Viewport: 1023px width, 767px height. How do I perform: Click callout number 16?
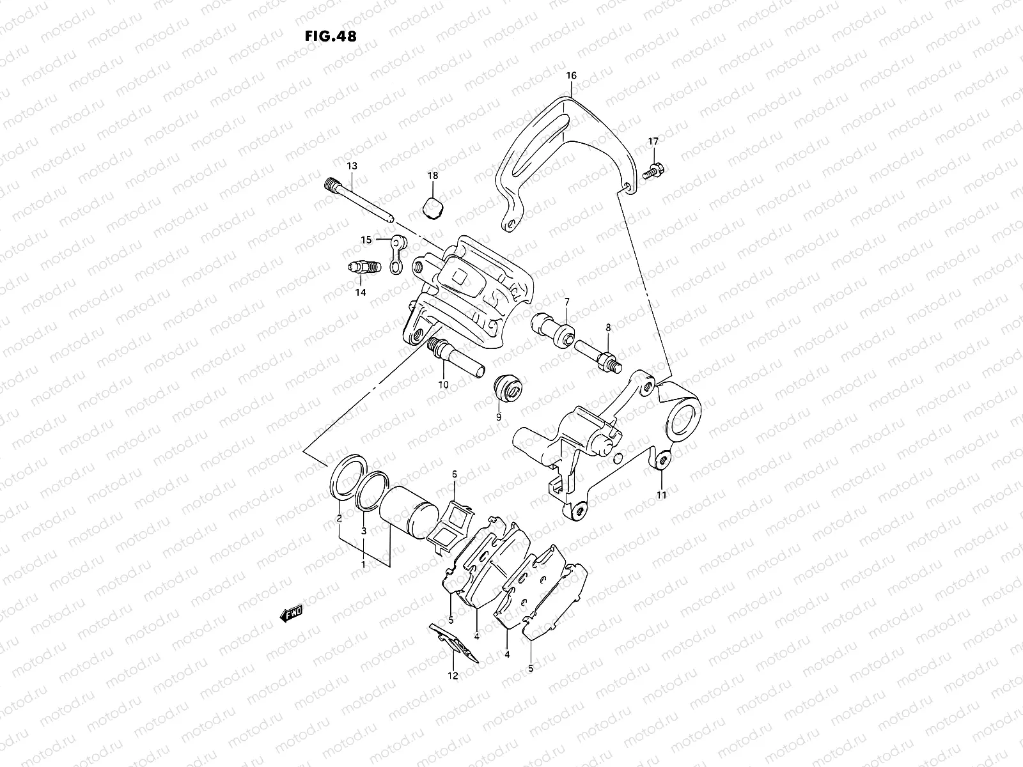[x=571, y=75]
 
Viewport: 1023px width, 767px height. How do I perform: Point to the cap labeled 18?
[x=432, y=208]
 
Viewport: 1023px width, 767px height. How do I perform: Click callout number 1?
[x=363, y=566]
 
